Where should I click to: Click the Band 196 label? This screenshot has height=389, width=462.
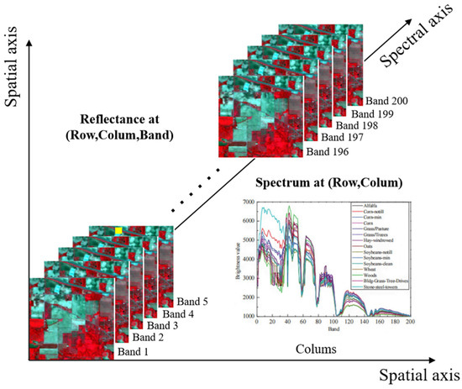click(327, 151)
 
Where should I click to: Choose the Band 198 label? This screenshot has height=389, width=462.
click(360, 125)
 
